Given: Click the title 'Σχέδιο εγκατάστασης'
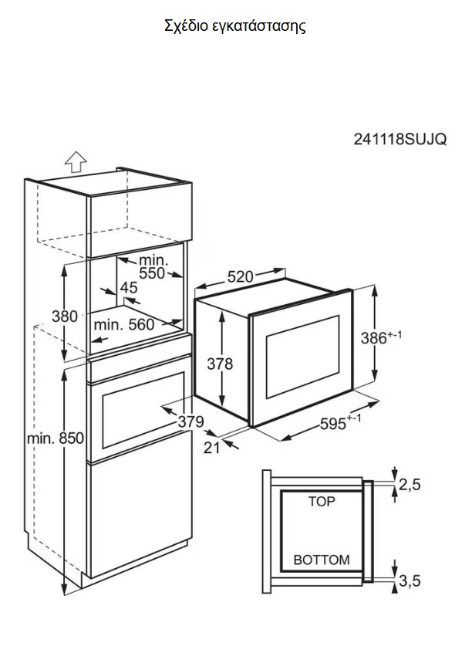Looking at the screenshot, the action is (x=235, y=26).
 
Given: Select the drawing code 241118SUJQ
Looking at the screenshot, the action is (x=400, y=139).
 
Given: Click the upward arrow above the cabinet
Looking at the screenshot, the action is (x=76, y=162).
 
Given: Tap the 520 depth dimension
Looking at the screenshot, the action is (x=241, y=276).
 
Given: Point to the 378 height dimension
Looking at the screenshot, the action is (x=220, y=363).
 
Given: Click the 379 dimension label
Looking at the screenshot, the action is (x=191, y=421).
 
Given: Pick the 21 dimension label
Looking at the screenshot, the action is (x=212, y=448).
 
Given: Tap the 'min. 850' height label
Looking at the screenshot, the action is (x=56, y=438).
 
